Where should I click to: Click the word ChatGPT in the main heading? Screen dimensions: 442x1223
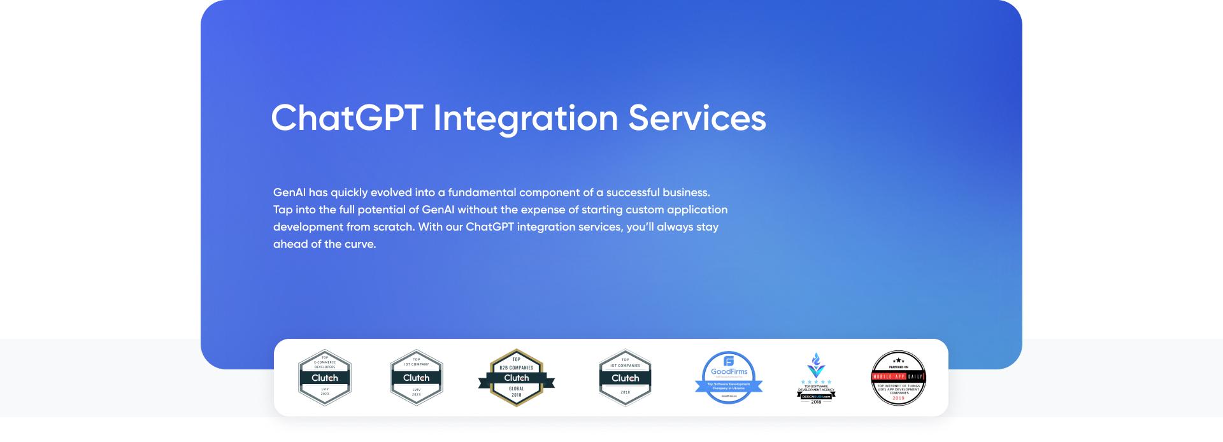[347, 118]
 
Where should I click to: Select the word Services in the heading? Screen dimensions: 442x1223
[697, 118]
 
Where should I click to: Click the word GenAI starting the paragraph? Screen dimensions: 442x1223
[289, 192]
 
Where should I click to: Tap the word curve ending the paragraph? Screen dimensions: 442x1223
[360, 244]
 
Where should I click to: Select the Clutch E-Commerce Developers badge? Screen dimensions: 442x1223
[325, 378]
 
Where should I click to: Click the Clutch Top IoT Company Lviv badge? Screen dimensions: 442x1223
[417, 378]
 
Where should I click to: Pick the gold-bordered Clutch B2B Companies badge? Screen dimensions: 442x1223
[517, 378]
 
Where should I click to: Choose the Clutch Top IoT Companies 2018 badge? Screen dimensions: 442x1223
[626, 378]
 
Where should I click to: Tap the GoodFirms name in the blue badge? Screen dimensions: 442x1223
[729, 371]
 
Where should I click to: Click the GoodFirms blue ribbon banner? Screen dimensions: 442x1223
[729, 385]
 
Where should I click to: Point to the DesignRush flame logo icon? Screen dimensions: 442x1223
[816, 364]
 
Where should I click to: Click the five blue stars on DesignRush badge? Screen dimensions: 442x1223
[816, 382]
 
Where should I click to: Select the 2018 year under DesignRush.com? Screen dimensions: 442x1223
[816, 402]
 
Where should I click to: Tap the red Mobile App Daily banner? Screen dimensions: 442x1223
[898, 376]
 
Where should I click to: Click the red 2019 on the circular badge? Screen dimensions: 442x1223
[898, 398]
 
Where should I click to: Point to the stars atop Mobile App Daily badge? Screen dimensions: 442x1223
[898, 360]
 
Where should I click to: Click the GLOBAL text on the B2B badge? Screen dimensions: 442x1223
[517, 389]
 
